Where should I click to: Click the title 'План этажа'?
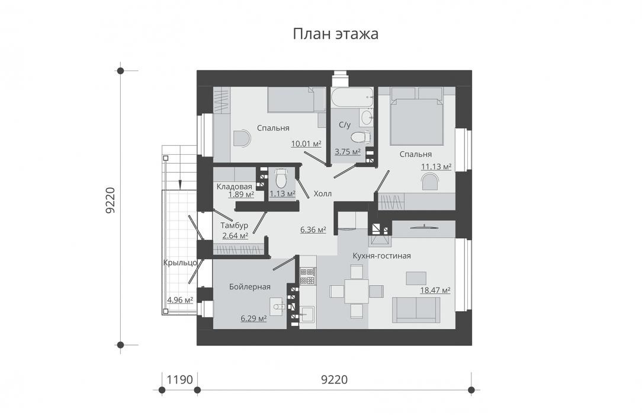[x=335, y=34]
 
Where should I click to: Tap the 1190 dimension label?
[x=179, y=380]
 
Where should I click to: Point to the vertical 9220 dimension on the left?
[x=110, y=200]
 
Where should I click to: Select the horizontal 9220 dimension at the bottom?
[x=334, y=380]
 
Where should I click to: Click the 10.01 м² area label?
[x=306, y=144]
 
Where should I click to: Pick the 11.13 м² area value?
[x=436, y=167]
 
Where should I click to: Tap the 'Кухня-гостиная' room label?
[x=381, y=256]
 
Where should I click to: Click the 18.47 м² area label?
[x=435, y=290]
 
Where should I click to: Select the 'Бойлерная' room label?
[x=250, y=287]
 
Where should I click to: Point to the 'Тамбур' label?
[x=234, y=226]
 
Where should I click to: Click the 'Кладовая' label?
[x=234, y=187]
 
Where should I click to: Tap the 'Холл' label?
[x=323, y=194]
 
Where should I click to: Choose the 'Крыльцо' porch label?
[x=180, y=263]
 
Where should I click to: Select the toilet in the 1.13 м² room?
[x=281, y=178]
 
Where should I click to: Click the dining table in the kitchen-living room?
[x=356, y=292]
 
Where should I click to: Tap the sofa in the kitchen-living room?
[x=416, y=309]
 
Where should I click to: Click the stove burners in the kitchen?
[x=308, y=276]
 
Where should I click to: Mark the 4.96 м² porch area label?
[x=180, y=301]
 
